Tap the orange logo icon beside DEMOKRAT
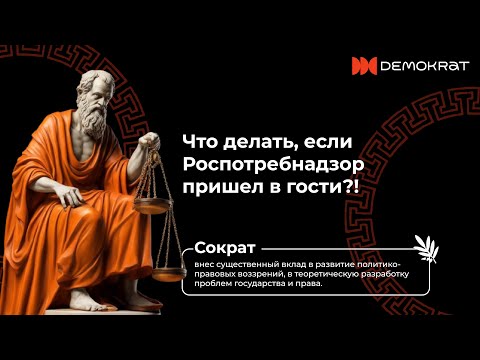point(363,66)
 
